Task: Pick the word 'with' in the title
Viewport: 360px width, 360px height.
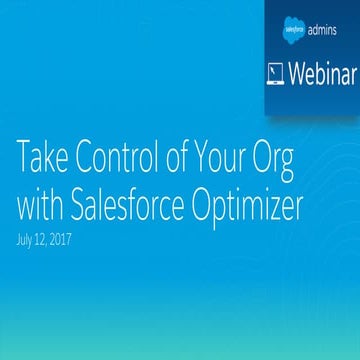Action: pos(39,207)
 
